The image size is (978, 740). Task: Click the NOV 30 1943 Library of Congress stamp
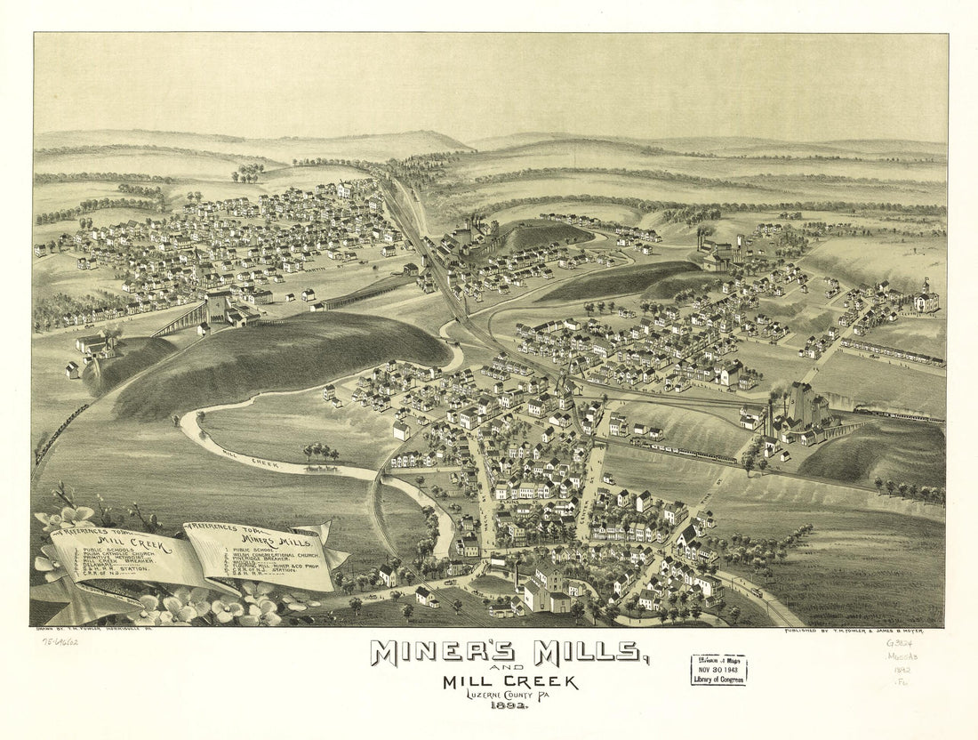coord(719,669)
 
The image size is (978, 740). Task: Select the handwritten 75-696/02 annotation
coord(59,640)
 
